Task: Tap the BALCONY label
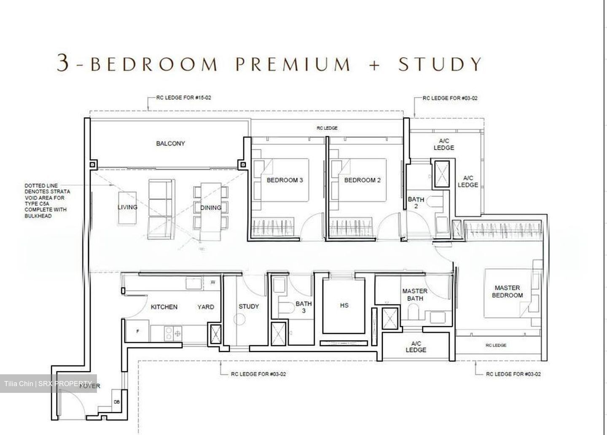click(170, 143)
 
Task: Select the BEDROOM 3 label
click(285, 180)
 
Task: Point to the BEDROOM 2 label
click(362, 180)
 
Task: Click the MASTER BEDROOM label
click(507, 291)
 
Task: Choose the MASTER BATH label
click(415, 295)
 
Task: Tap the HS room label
click(344, 305)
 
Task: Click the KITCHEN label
click(164, 307)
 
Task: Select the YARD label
click(206, 307)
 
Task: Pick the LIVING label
click(127, 207)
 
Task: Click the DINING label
click(211, 207)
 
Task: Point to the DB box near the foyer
click(116, 402)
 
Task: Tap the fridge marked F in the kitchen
click(137, 332)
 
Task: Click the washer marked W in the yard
click(212, 282)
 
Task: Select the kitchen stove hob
click(173, 333)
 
